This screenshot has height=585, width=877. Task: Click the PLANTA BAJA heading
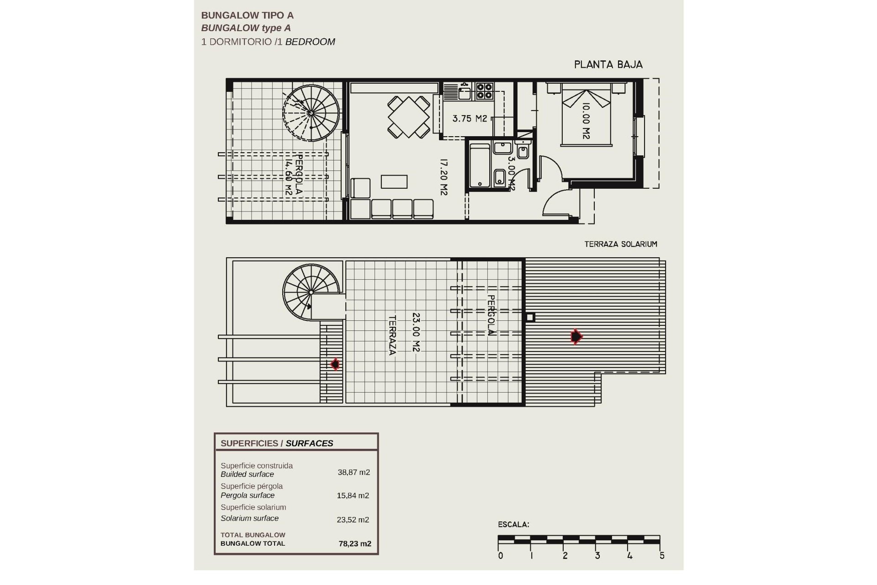[x=608, y=65]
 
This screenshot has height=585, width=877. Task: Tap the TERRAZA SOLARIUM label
[x=620, y=245]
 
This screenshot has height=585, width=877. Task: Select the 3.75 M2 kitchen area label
[x=470, y=119]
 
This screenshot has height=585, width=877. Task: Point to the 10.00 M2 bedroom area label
[x=586, y=121]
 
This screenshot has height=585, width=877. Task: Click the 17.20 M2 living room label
[x=443, y=177]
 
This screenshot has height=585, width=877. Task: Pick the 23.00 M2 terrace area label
[x=416, y=332]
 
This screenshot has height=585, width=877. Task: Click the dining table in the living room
[x=409, y=117]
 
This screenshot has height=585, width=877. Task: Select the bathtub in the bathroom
[x=480, y=165]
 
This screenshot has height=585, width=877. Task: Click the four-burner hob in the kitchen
[x=485, y=91]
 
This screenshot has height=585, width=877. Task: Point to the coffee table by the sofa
[x=394, y=181]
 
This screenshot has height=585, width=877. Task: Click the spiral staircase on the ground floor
[x=311, y=112]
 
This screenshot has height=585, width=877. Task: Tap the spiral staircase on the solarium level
[x=311, y=292]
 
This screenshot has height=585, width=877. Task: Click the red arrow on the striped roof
[x=576, y=337]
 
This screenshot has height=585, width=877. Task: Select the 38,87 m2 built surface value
[x=354, y=473]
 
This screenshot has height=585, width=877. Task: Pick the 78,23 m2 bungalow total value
[x=354, y=544]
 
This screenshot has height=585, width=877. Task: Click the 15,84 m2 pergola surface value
[x=353, y=496]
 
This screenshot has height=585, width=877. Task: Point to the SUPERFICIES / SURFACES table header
[x=277, y=443]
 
